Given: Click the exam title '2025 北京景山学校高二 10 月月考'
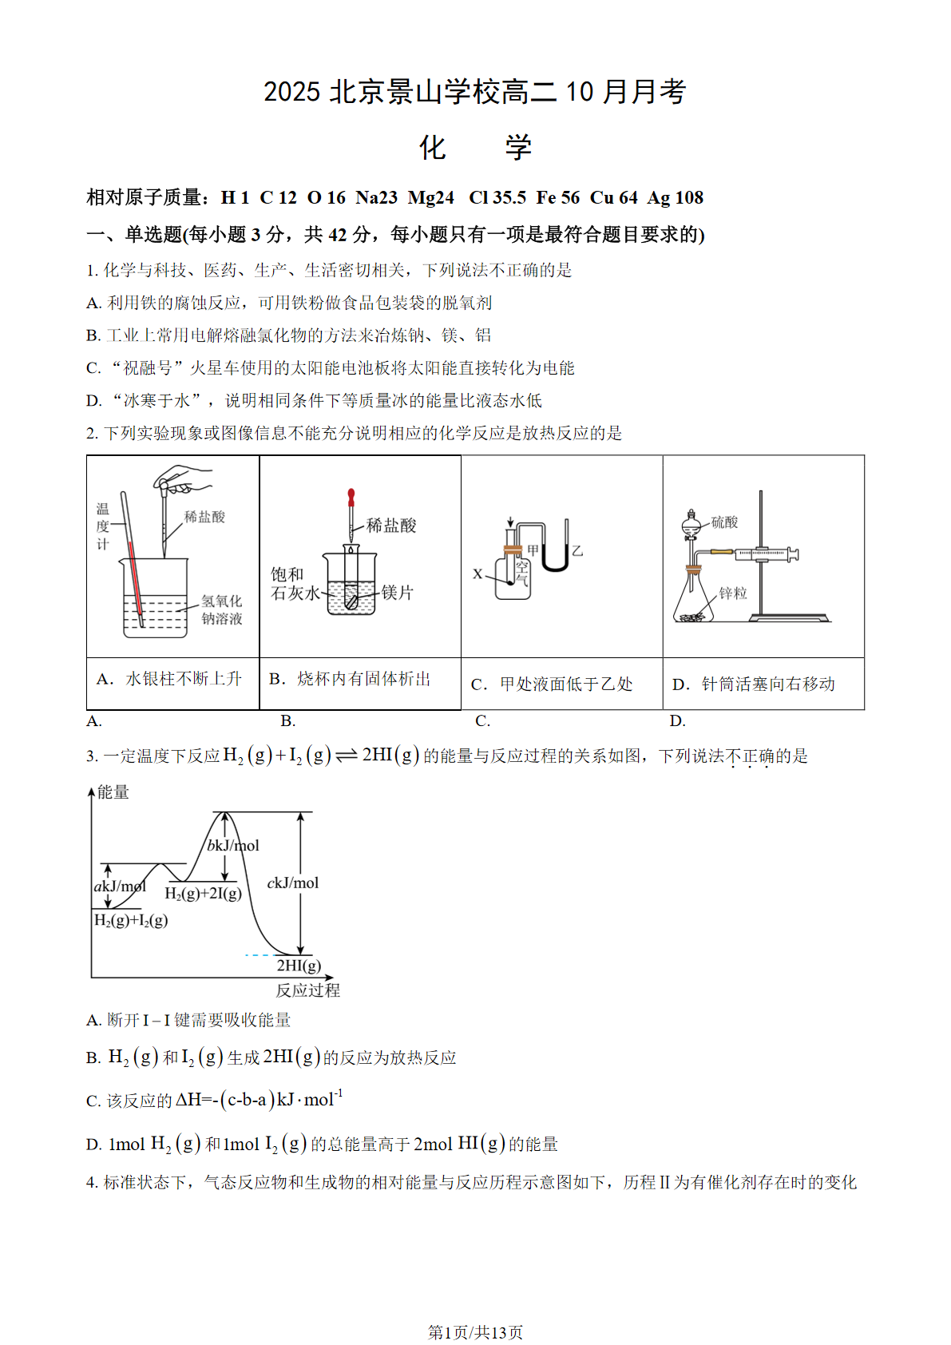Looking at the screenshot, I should point(474,92).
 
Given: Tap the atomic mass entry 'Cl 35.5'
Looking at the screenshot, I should point(497,197).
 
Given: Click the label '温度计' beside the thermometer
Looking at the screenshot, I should point(102,526).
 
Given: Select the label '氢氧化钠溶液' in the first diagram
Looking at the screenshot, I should point(221,609).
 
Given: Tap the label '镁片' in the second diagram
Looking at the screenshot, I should point(397,593).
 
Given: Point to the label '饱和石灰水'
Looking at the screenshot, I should point(293,584).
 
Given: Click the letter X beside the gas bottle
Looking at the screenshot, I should point(477,573).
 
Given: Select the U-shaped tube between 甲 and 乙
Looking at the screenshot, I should point(555,559).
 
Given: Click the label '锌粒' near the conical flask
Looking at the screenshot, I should point(733,593).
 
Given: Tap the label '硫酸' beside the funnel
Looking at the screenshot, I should point(724,522).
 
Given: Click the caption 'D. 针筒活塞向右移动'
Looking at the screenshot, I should point(754,684).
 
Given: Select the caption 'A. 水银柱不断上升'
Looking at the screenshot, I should point(168,679).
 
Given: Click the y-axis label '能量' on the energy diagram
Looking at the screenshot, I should point(113,792).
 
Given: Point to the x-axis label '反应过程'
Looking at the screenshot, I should point(307,990).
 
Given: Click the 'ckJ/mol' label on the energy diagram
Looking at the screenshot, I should point(293,883).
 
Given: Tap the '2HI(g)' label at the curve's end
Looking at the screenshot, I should point(299,965).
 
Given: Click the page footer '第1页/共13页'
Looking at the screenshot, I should point(475,1332).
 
